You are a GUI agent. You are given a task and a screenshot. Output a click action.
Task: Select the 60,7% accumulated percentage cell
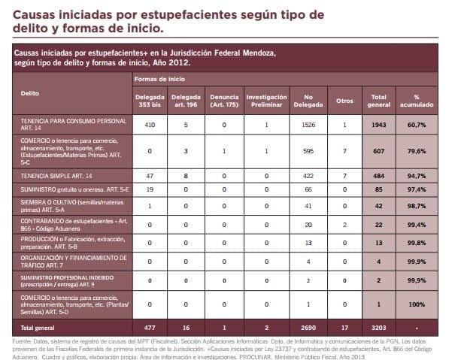pos(413,125)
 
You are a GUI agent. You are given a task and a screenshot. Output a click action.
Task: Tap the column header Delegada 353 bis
pos(150,100)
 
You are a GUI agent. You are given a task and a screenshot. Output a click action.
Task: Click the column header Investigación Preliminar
pos(266,100)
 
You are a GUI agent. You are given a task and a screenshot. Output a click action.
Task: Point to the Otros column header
pos(344,100)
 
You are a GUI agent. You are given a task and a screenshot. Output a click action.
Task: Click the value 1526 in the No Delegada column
pos(308,125)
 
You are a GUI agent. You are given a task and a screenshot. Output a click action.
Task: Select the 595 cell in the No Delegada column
pos(308,150)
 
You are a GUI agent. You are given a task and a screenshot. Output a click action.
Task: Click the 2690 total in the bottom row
pos(308,328)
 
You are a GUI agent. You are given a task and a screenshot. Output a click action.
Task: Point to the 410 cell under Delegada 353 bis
pos(150,125)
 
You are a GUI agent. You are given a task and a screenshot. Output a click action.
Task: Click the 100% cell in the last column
pos(413,304)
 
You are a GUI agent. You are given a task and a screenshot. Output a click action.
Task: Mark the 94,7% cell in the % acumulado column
pos(413,175)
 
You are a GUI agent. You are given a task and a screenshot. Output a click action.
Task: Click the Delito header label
pos(30,93)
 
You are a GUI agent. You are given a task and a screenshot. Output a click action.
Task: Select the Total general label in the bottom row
pos(37,328)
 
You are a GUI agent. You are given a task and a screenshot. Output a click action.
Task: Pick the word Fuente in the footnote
pos(23,341)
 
